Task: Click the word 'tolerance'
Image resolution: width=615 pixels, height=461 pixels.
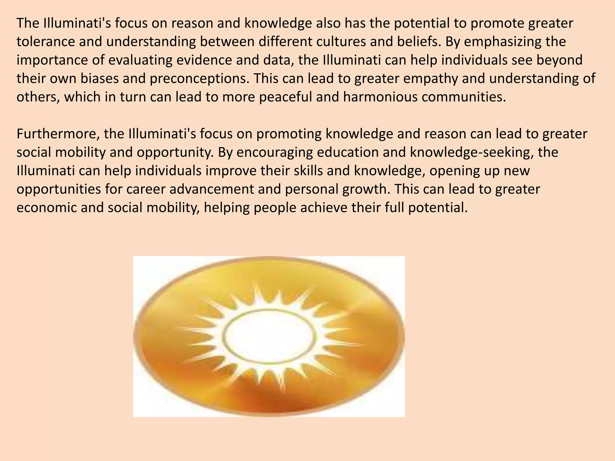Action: [x=46, y=42]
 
